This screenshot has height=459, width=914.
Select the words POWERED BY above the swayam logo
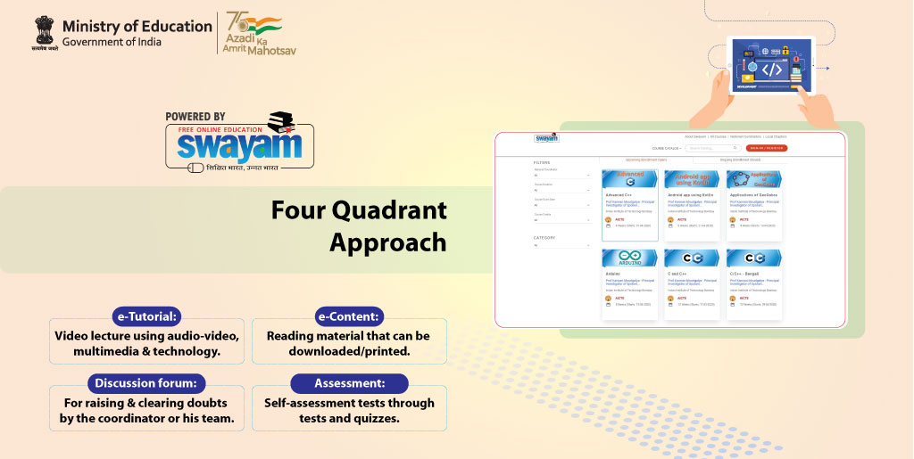pyautogui.click(x=195, y=117)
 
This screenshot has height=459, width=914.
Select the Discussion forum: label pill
pyautogui.click(x=146, y=383)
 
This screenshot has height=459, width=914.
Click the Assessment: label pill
pyautogui.click(x=349, y=383)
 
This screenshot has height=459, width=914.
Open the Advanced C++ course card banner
pyautogui.click(x=630, y=178)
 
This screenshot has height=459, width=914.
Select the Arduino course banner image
pyautogui.click(x=630, y=258)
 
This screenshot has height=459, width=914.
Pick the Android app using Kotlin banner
pyautogui.click(x=693, y=178)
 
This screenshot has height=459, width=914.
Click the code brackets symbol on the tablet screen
pyautogui.click(x=771, y=69)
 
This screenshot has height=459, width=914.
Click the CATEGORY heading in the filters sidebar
pyautogui.click(x=544, y=238)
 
